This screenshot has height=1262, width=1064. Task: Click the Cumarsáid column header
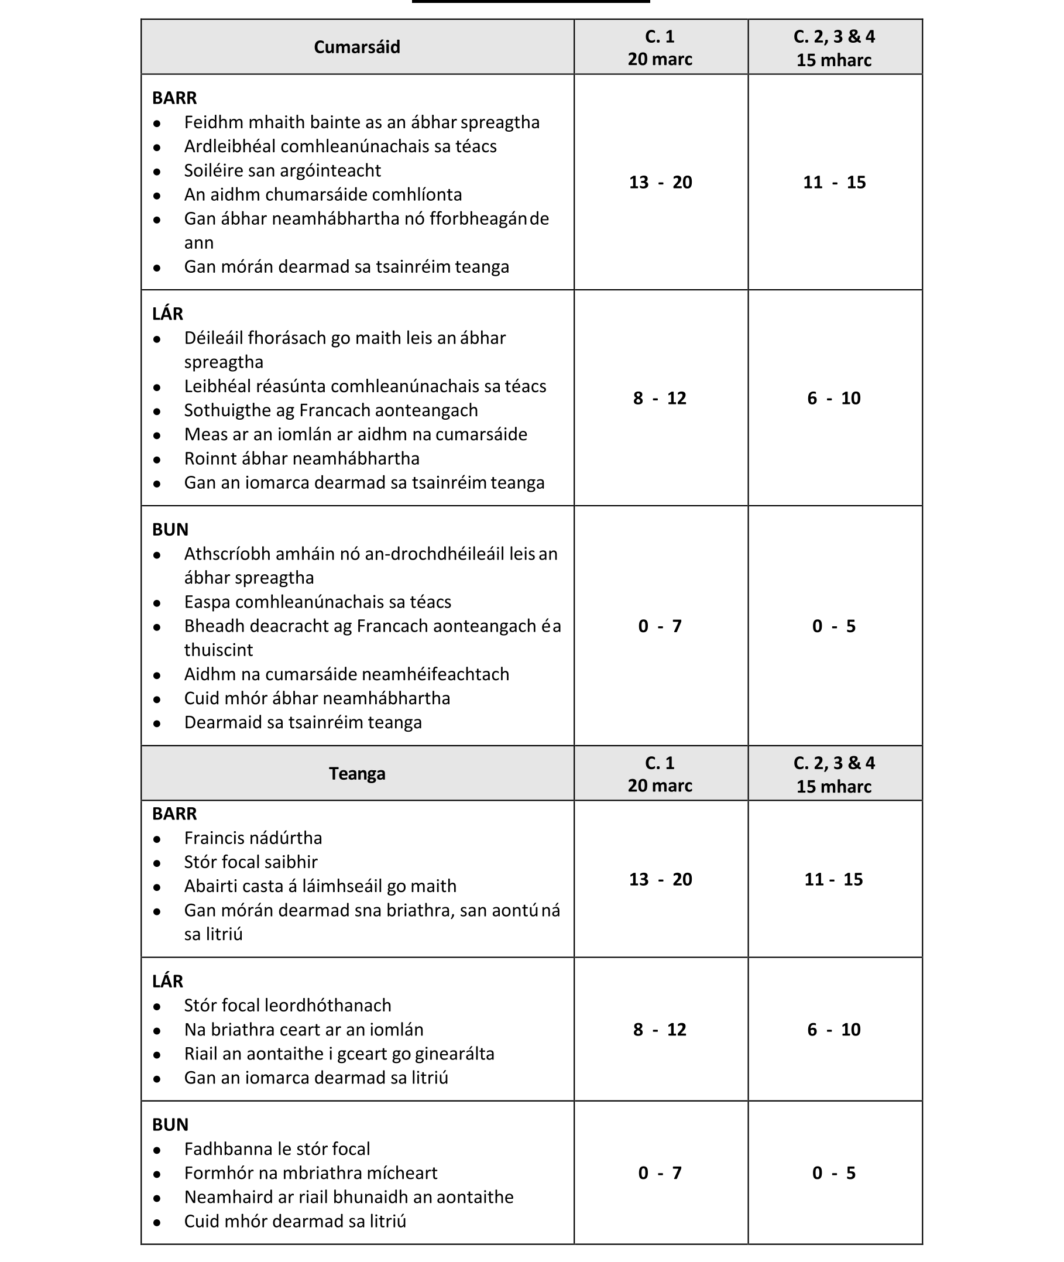[x=356, y=47]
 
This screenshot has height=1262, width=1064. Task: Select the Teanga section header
[x=356, y=773]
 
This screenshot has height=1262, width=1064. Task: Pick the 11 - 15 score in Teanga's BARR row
[x=833, y=879]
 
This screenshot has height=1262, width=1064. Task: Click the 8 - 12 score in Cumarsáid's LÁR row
[x=660, y=398]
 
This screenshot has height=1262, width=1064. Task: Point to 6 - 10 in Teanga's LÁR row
[x=833, y=1029]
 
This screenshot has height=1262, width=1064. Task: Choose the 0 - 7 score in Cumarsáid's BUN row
[x=660, y=626]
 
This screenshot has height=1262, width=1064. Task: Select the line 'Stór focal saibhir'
[x=250, y=862]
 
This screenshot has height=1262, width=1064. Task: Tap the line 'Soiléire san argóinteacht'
[x=282, y=171]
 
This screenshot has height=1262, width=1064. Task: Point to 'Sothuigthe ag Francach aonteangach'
[x=331, y=410]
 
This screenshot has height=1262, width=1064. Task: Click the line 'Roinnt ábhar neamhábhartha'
[x=301, y=458]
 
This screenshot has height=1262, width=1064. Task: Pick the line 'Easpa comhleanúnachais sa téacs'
[x=317, y=602]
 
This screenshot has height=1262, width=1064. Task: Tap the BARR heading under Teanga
[x=174, y=814]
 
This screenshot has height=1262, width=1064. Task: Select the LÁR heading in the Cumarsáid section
[x=168, y=314]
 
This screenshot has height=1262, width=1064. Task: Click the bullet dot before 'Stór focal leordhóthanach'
[x=157, y=1007]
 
